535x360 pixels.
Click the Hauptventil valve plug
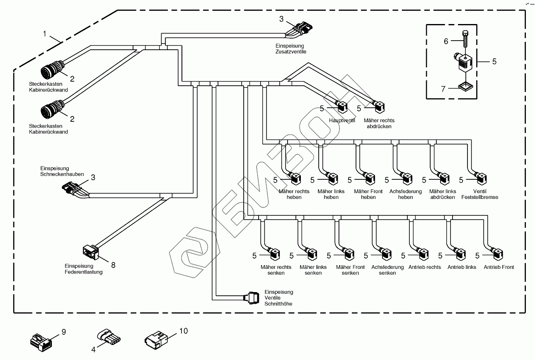342,108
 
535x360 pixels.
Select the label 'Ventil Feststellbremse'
479,194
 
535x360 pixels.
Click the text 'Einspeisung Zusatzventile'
290,49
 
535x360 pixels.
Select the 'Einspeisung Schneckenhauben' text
62,172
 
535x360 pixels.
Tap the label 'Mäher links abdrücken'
443,194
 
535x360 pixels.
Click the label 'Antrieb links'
462,267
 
